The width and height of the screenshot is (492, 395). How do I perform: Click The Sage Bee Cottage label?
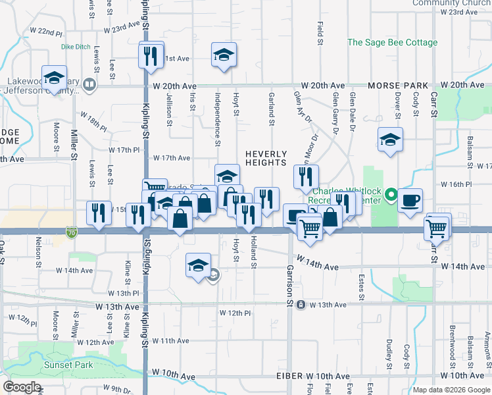point(392,43)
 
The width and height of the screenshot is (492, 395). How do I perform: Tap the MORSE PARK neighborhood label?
point(398,86)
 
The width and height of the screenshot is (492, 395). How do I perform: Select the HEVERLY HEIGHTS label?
point(266,158)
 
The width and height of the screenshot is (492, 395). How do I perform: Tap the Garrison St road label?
point(289,280)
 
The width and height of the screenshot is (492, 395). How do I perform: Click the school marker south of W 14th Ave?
point(197,265)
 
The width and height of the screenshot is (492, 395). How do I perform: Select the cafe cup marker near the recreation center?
point(410,201)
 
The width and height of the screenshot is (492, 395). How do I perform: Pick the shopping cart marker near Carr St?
point(436,228)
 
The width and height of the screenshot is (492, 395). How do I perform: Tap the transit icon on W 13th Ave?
point(301,305)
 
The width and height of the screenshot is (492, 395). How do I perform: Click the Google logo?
point(22,387)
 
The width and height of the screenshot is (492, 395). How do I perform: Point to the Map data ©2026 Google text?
point(451,390)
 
